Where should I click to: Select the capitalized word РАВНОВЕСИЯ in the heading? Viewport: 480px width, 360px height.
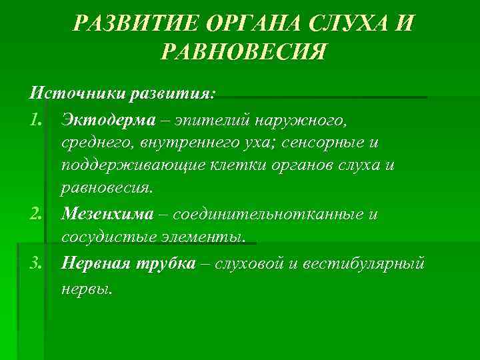tap(243, 52)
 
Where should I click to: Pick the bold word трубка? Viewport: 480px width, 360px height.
tap(167, 263)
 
